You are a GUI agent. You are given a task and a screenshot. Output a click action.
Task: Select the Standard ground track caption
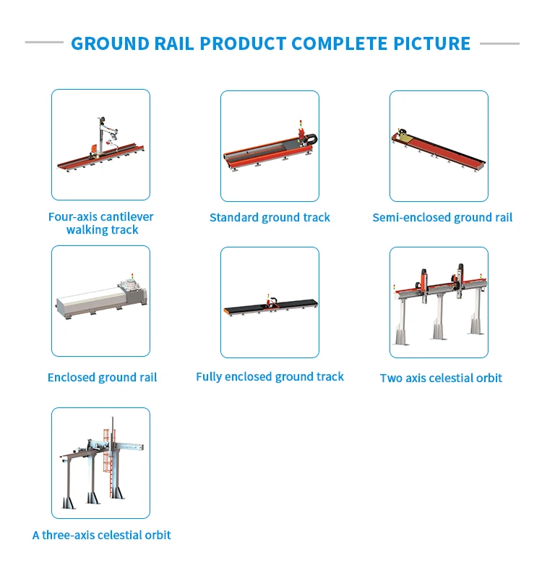[x=270, y=217]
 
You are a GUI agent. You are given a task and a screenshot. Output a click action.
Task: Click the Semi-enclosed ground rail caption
[x=442, y=217]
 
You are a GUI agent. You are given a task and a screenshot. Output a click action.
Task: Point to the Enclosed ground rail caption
[x=102, y=377]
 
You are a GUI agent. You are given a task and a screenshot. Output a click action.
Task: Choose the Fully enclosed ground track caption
[x=270, y=376]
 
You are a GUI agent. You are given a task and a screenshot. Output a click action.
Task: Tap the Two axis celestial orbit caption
[x=441, y=378]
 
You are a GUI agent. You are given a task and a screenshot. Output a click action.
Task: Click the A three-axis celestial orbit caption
[x=102, y=535]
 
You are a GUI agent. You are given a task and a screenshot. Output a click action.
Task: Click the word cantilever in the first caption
[x=126, y=216]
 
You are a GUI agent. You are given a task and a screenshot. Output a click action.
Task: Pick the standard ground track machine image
[x=270, y=148]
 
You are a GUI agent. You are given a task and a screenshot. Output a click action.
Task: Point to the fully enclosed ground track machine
[x=270, y=306]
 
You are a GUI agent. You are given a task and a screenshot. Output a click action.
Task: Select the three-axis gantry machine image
[x=100, y=463]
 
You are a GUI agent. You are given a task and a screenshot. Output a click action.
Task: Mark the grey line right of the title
[x=499, y=43]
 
